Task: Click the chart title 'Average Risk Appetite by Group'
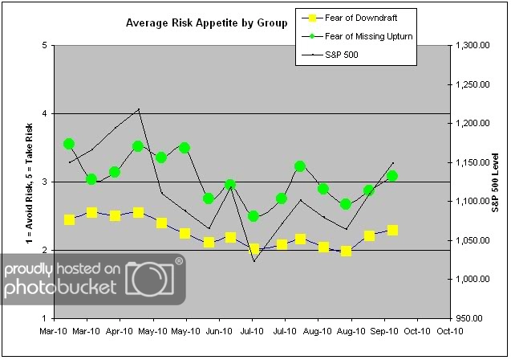coord(207,23)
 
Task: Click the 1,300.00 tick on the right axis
coord(472,46)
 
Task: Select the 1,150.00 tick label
coord(472,162)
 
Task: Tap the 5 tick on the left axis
coord(42,46)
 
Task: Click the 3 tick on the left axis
coord(42,182)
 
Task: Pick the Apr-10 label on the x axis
coord(120,330)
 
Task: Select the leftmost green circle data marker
coord(69,144)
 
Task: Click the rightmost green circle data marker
coord(392,176)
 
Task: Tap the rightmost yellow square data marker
coord(392,231)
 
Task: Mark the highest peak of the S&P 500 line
coord(139,108)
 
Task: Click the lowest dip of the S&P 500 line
coord(254,261)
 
